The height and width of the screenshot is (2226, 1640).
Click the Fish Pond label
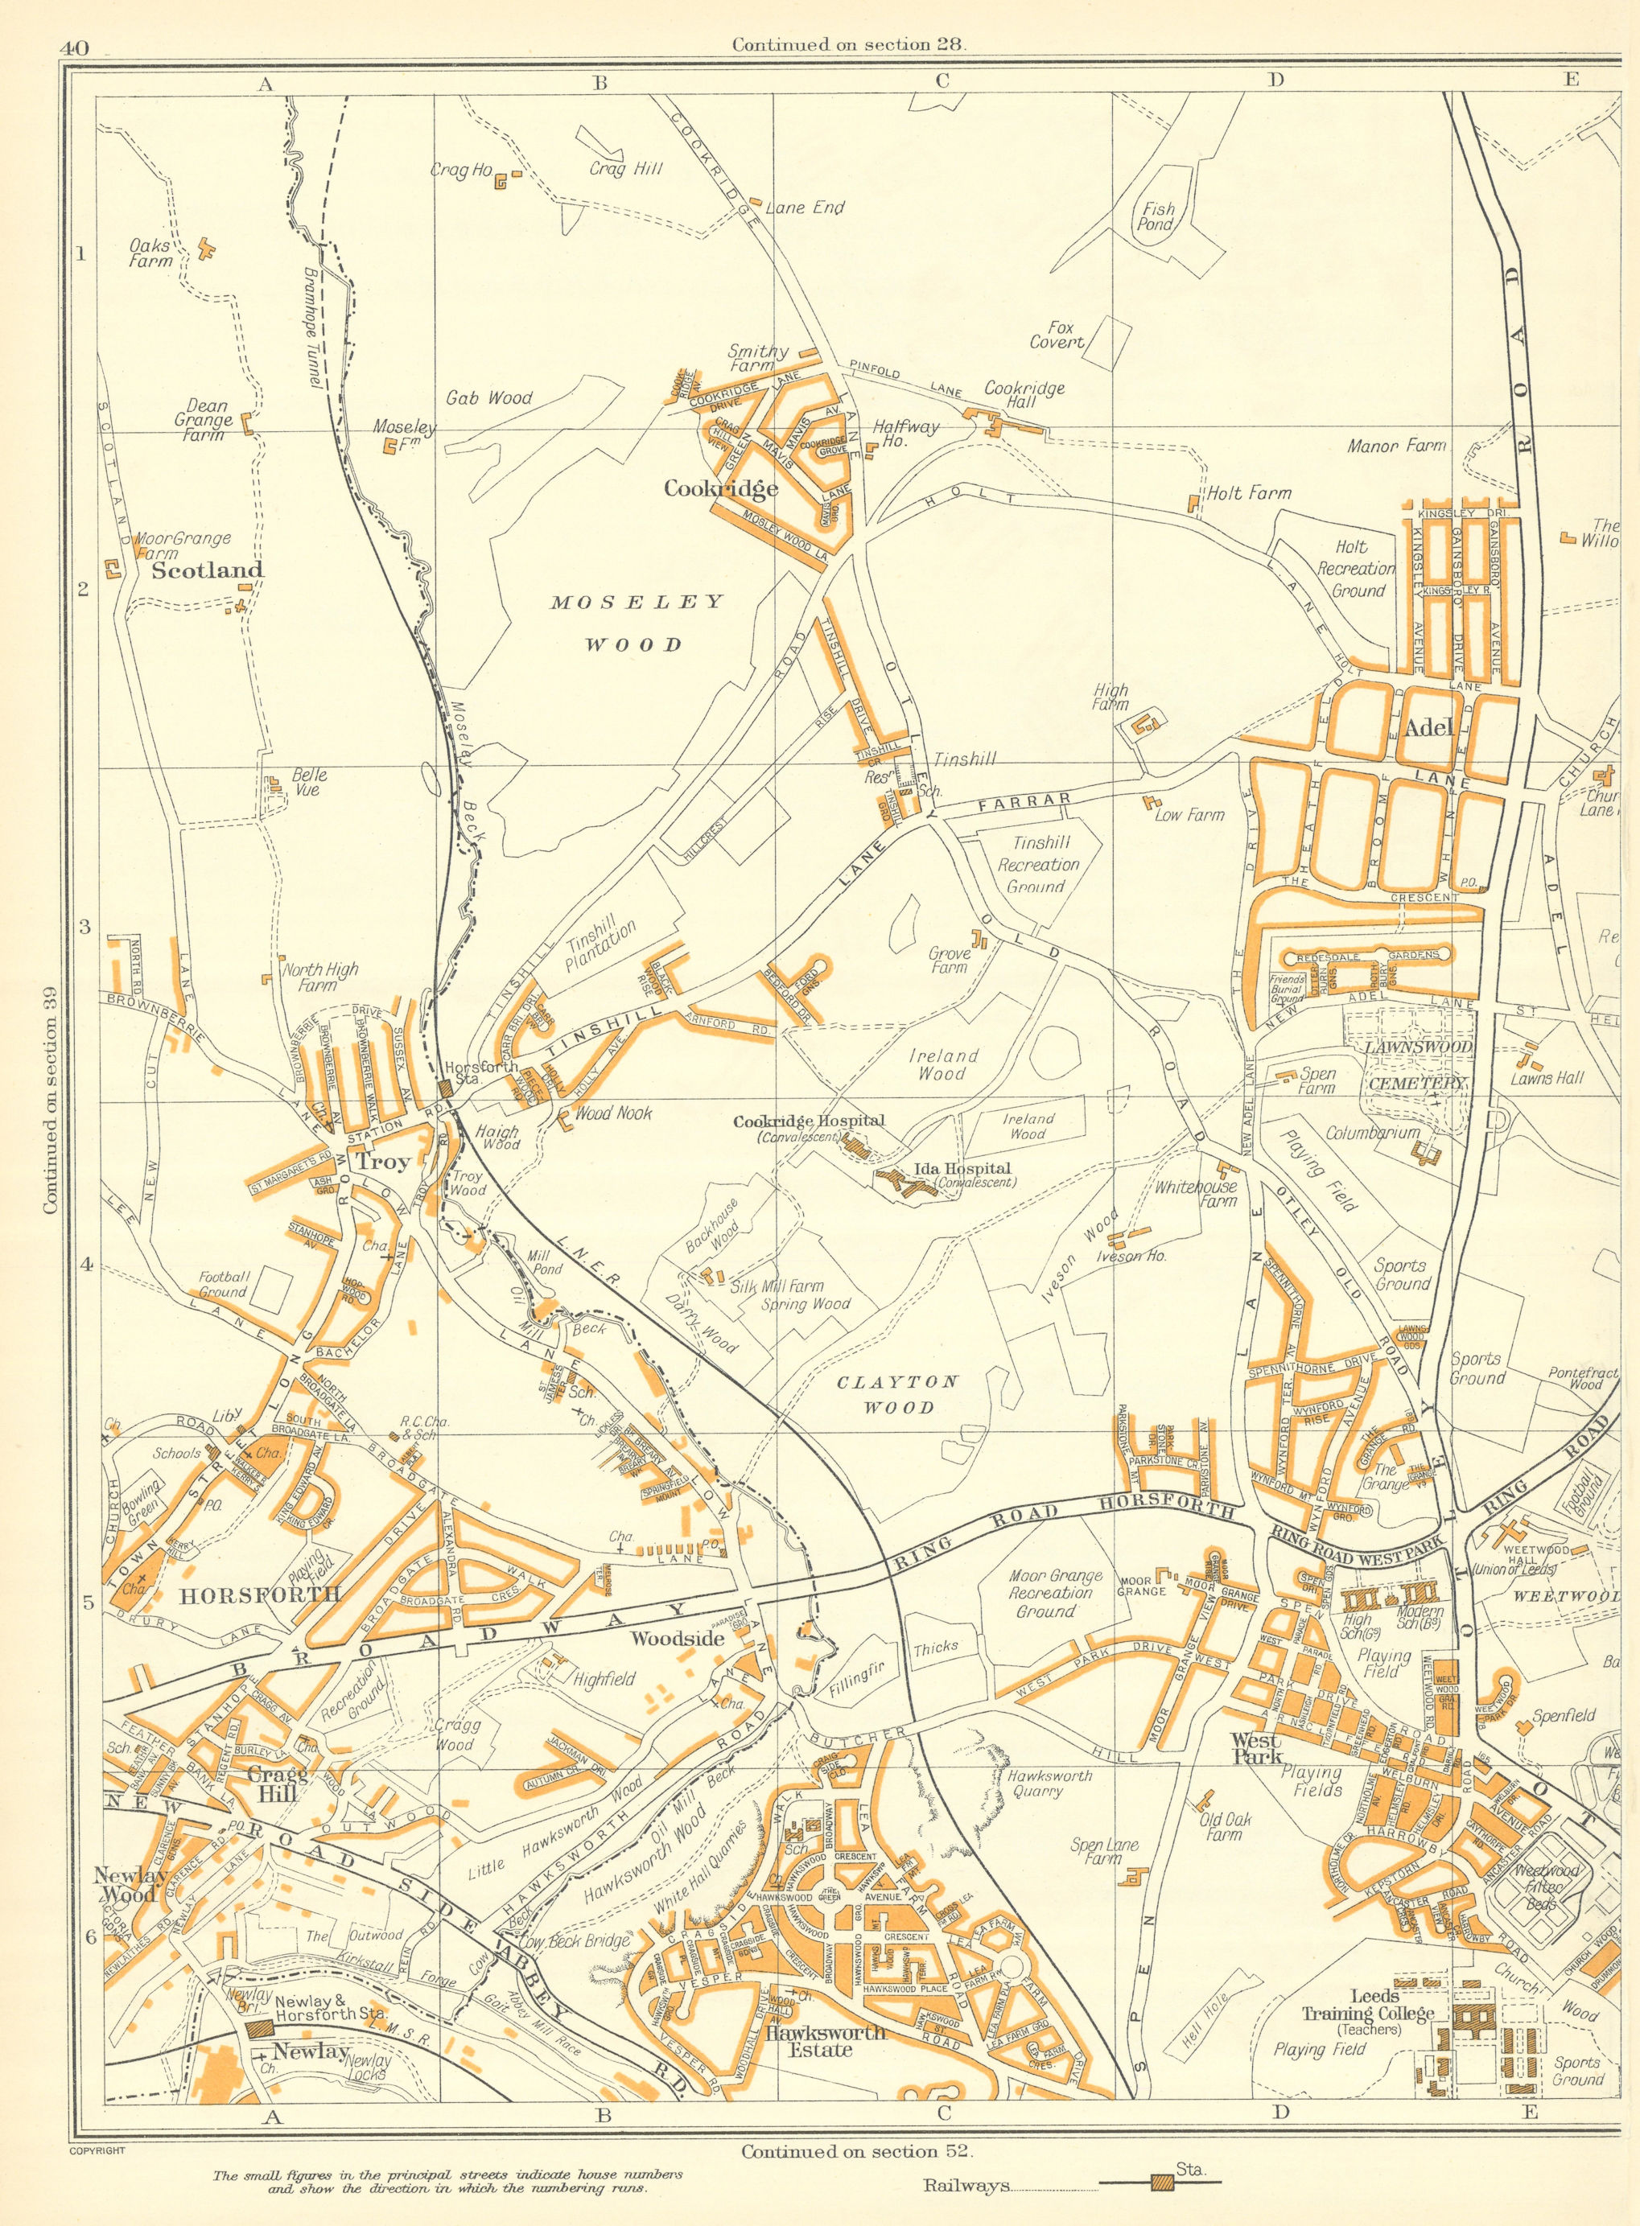coord(1157,216)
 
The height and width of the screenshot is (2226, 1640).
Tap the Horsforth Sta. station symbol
coord(446,1088)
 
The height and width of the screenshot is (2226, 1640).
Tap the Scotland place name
coord(208,570)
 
